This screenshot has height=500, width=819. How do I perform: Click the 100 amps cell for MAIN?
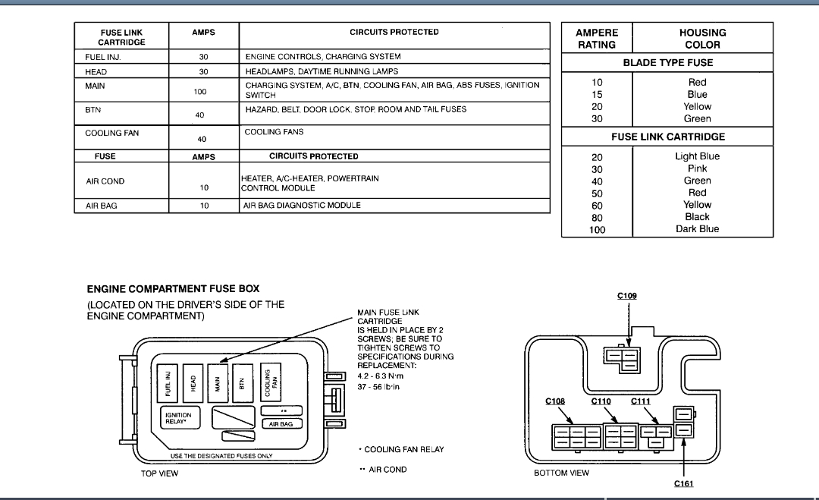[x=200, y=91]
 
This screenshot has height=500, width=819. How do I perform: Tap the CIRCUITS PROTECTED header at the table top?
[x=394, y=33]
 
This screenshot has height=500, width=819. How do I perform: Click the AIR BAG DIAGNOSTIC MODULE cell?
[x=302, y=206]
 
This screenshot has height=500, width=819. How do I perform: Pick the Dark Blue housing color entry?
[x=697, y=229]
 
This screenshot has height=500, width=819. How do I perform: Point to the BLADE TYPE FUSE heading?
[x=667, y=63]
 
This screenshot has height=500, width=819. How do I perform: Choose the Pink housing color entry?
[x=697, y=168]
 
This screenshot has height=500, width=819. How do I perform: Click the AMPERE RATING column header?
[x=597, y=39]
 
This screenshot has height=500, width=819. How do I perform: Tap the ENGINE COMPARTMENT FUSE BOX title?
[x=173, y=289]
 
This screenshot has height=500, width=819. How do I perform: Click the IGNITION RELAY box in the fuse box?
[x=179, y=418]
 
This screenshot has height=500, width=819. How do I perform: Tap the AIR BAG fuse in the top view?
[x=281, y=423]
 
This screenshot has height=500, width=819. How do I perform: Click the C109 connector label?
[x=626, y=296]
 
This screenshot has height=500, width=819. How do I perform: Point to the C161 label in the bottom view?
[x=683, y=483]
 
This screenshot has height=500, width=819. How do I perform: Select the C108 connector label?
[x=555, y=401]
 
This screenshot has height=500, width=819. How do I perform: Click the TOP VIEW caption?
[x=158, y=473]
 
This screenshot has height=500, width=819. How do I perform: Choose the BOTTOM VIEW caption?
[x=561, y=473]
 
